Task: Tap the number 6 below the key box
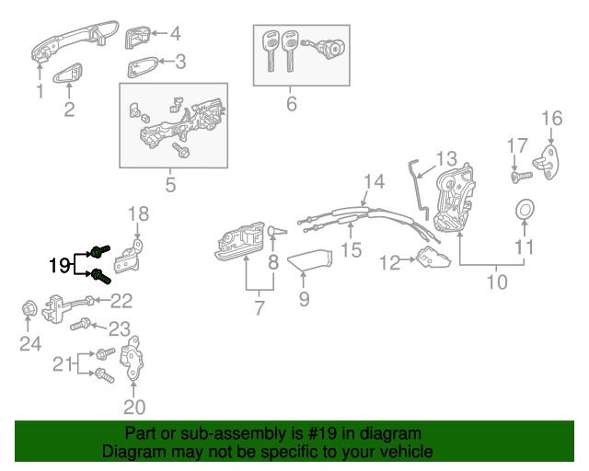coord(292,104)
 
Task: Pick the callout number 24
coord(30,346)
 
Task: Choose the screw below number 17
coord(520,174)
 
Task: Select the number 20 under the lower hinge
coord(134,407)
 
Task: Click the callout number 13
coord(445,158)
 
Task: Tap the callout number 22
coord(121,300)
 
